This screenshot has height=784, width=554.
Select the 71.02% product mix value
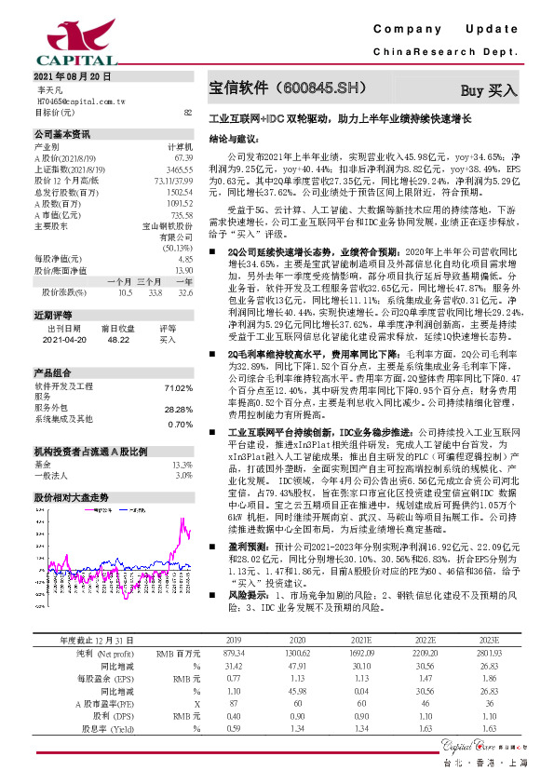tap(177, 387)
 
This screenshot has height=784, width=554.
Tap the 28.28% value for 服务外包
tap(177, 409)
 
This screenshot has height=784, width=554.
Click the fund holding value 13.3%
tap(182, 464)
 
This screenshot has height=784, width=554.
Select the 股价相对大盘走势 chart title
tap(72, 498)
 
